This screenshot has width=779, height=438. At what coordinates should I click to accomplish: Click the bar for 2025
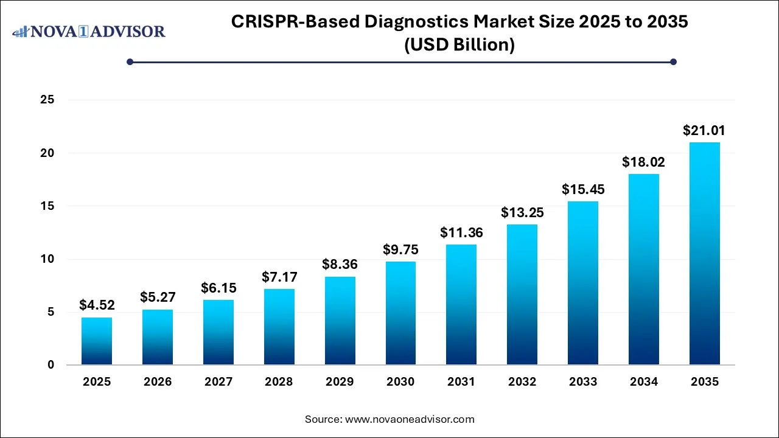(97, 341)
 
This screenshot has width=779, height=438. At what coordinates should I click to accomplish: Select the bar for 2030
(400, 313)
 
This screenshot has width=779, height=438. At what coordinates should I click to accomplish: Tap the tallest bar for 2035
(705, 254)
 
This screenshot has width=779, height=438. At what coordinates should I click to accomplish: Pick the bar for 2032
(522, 294)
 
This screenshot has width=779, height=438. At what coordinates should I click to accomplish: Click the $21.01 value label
(705, 130)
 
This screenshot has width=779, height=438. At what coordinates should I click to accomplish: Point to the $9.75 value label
(400, 249)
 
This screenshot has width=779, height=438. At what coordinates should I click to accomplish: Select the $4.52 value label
(97, 305)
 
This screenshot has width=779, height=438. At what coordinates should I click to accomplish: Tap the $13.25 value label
(522, 212)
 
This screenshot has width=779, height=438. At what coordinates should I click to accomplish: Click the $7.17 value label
(279, 277)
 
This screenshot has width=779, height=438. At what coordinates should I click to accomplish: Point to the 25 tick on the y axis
(48, 100)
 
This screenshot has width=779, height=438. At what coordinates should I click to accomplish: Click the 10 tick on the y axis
(48, 259)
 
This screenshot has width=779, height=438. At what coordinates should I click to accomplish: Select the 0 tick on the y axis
(51, 365)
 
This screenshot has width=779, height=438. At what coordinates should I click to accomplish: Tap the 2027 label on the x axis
(218, 382)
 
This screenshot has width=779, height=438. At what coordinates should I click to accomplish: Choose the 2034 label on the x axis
(644, 382)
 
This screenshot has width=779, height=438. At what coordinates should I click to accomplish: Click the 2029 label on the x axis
(340, 382)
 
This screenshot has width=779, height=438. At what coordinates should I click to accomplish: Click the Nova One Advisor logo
(89, 31)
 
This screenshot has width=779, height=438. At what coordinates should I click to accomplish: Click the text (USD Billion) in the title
(459, 44)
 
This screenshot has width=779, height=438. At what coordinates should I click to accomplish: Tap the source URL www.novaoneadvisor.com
(410, 419)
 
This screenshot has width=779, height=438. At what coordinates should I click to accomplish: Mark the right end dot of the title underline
(673, 61)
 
